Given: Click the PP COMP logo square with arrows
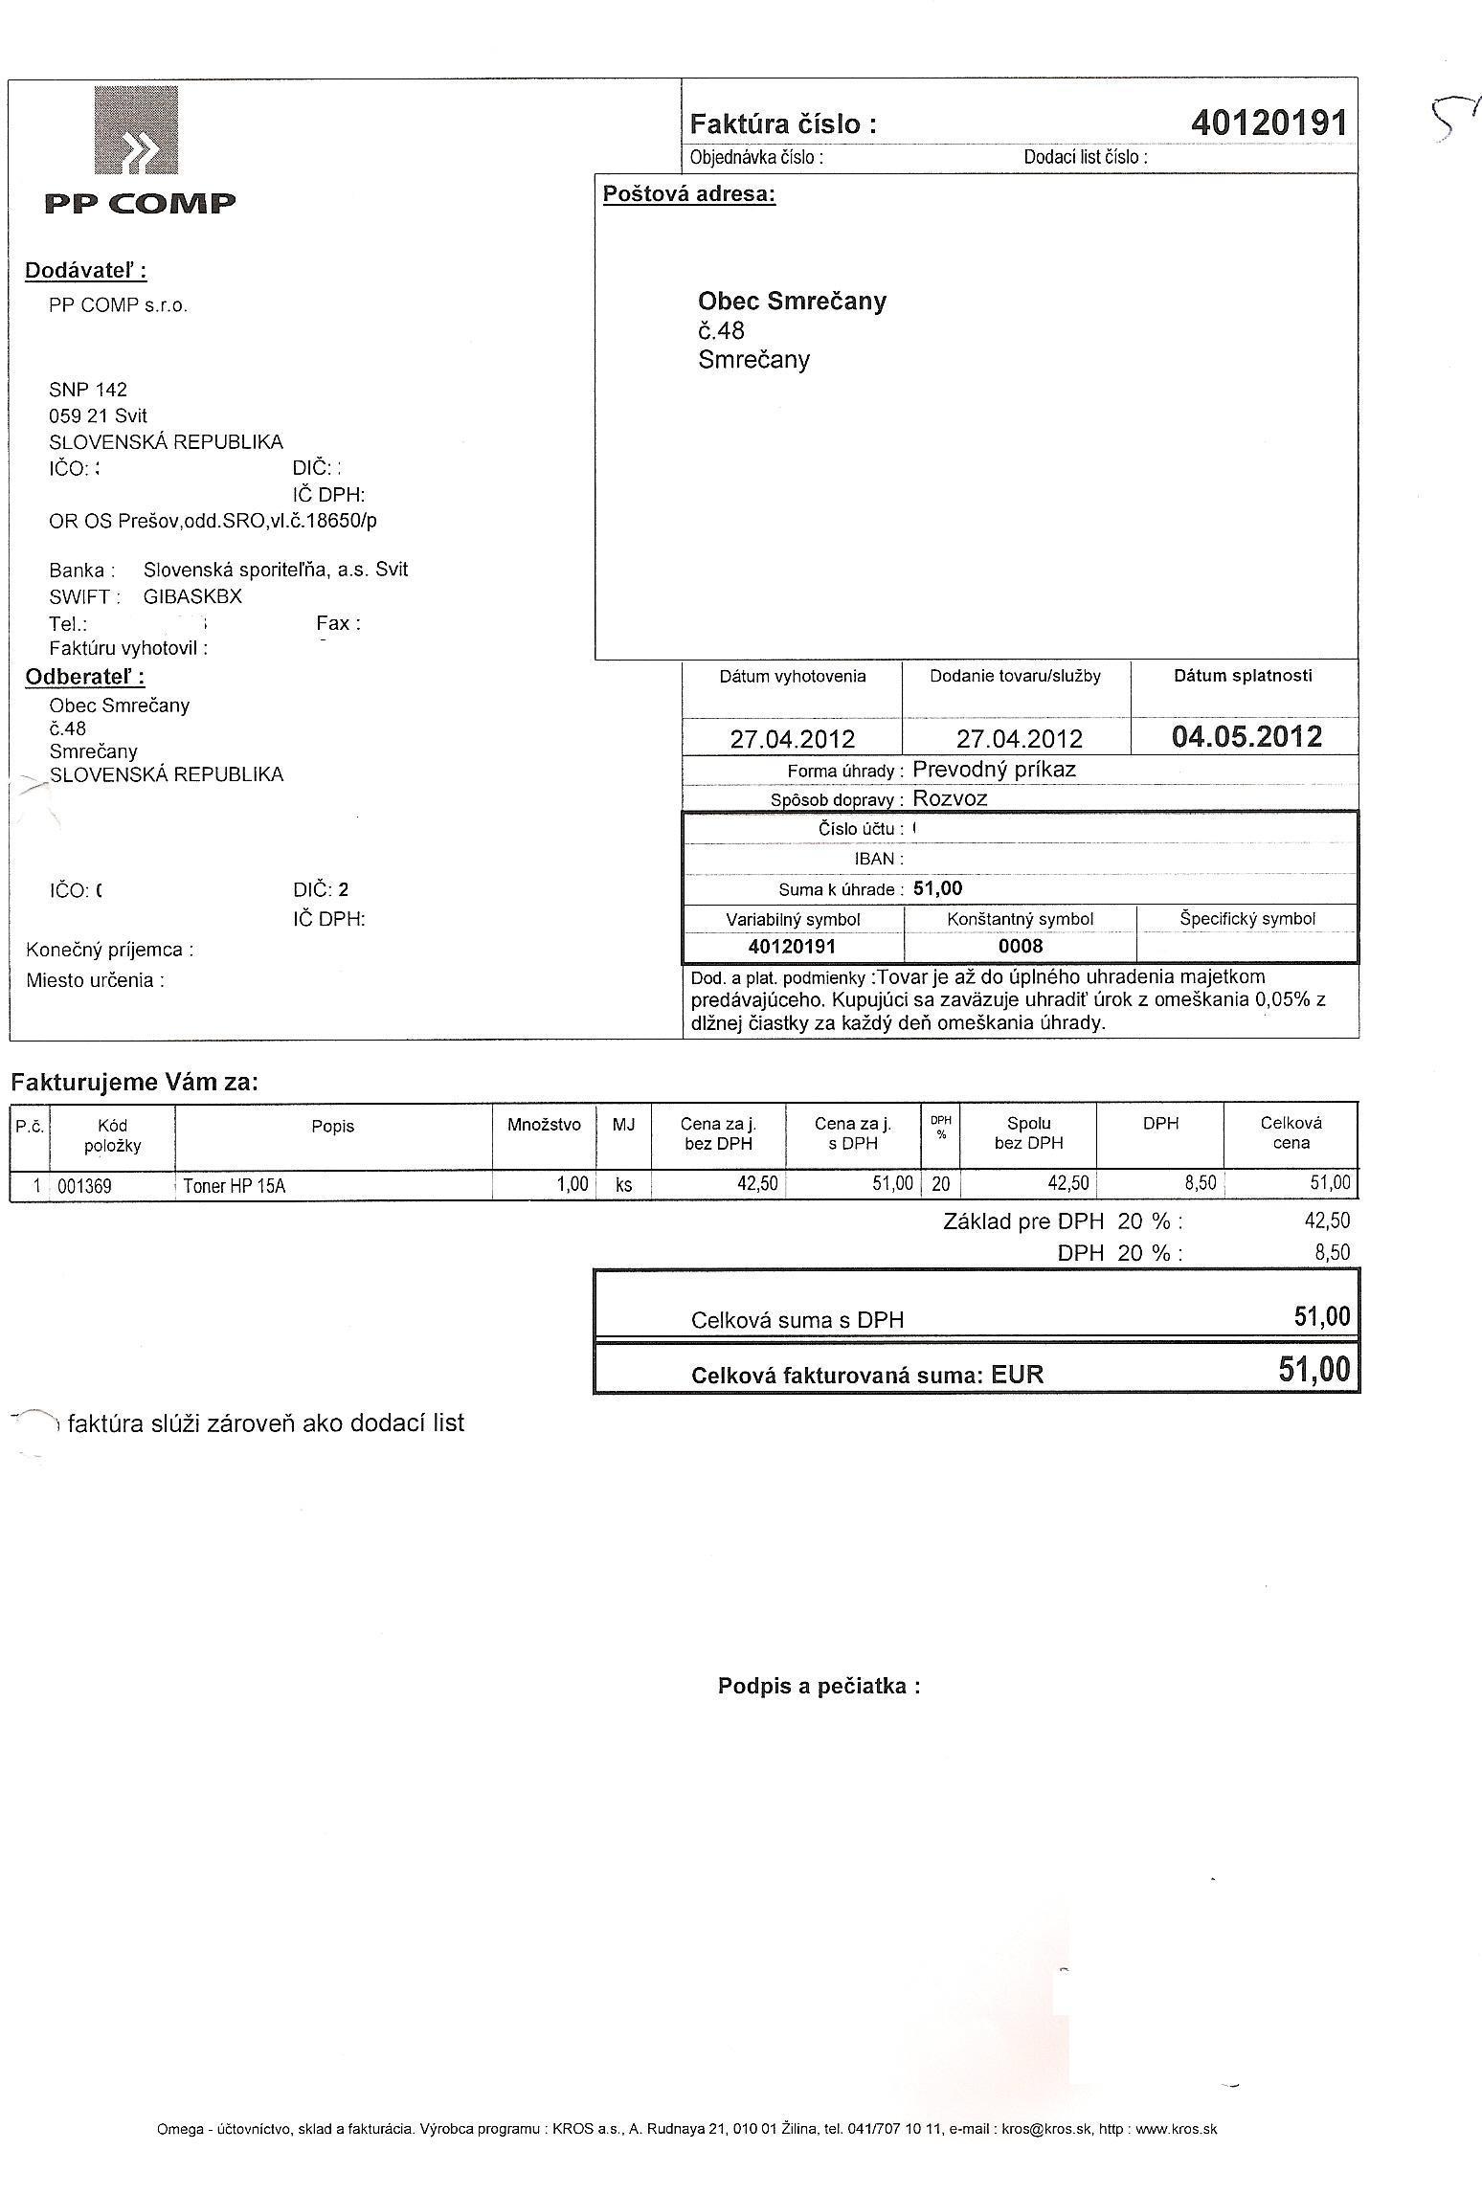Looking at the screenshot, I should [x=135, y=130].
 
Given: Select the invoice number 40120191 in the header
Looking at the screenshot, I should [x=1269, y=123].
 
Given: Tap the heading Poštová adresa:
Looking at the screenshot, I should [x=688, y=194].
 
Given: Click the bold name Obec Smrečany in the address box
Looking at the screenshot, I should [x=792, y=302].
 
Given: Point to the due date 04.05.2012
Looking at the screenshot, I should [x=1246, y=737].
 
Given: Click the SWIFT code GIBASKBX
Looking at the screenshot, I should [x=192, y=596].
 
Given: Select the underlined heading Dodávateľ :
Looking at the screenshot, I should [x=85, y=271].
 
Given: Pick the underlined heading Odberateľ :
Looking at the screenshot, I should [x=84, y=677].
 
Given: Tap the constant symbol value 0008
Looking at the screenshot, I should [x=1020, y=947].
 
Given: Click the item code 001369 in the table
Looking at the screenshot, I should [x=84, y=1186].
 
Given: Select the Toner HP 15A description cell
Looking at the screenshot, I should [x=235, y=1186].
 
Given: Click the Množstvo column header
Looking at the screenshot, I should [x=544, y=1125].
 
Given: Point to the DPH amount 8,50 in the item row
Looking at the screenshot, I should [x=1201, y=1183].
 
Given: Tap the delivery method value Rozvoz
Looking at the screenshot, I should [x=950, y=798].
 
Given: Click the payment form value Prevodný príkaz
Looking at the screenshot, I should [x=994, y=769].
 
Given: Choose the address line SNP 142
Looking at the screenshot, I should [x=88, y=390].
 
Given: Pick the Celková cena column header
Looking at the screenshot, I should [x=1291, y=1133].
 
